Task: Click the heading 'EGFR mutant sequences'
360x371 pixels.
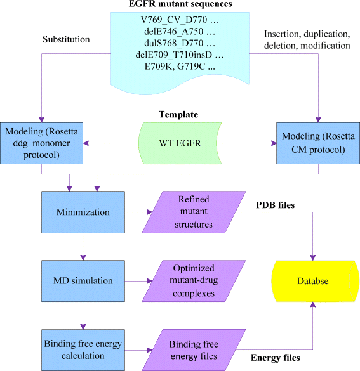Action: point(181,6)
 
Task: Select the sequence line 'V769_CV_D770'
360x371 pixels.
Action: point(177,20)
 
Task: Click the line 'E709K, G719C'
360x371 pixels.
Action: point(177,65)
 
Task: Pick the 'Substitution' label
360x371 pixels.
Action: point(66,39)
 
